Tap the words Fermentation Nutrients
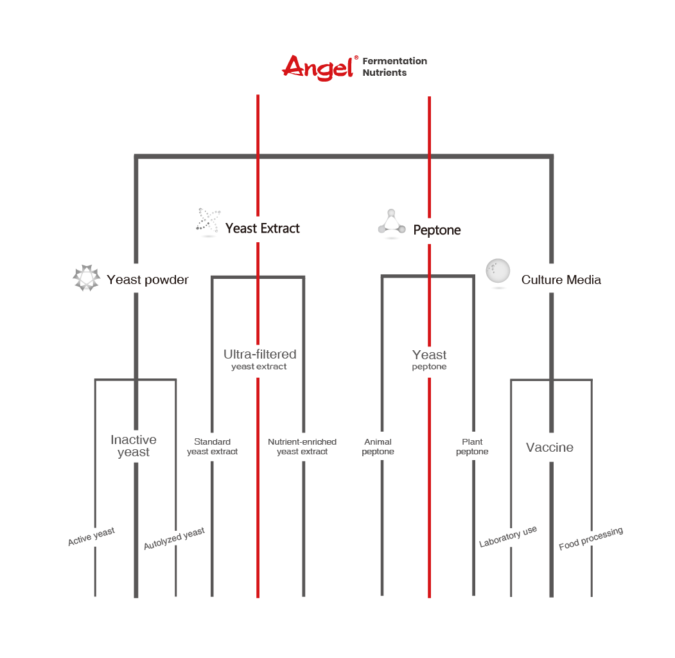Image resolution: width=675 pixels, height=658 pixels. (394, 67)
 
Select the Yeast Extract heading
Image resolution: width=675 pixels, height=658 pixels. (263, 228)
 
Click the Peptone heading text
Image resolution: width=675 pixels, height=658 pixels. (437, 230)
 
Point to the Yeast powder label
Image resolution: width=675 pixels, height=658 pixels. (148, 280)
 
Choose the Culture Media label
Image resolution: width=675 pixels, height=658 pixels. (561, 280)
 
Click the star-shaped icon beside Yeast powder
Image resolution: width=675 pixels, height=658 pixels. (86, 278)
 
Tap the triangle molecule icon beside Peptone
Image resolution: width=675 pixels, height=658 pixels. (391, 223)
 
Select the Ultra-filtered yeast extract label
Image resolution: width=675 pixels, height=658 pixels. (259, 360)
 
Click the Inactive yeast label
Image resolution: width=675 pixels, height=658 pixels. (134, 446)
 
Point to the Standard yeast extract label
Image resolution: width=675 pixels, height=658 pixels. (212, 447)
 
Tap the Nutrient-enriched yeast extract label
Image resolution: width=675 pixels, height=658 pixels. (302, 447)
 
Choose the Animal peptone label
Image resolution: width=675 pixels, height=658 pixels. (378, 447)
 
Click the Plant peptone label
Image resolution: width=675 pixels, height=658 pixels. (472, 447)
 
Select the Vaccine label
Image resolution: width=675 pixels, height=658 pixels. (550, 447)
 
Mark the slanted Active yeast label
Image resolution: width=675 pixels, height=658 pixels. (91, 536)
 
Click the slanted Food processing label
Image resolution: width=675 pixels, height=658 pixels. (591, 538)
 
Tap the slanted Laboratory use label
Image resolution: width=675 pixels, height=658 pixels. (508, 537)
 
